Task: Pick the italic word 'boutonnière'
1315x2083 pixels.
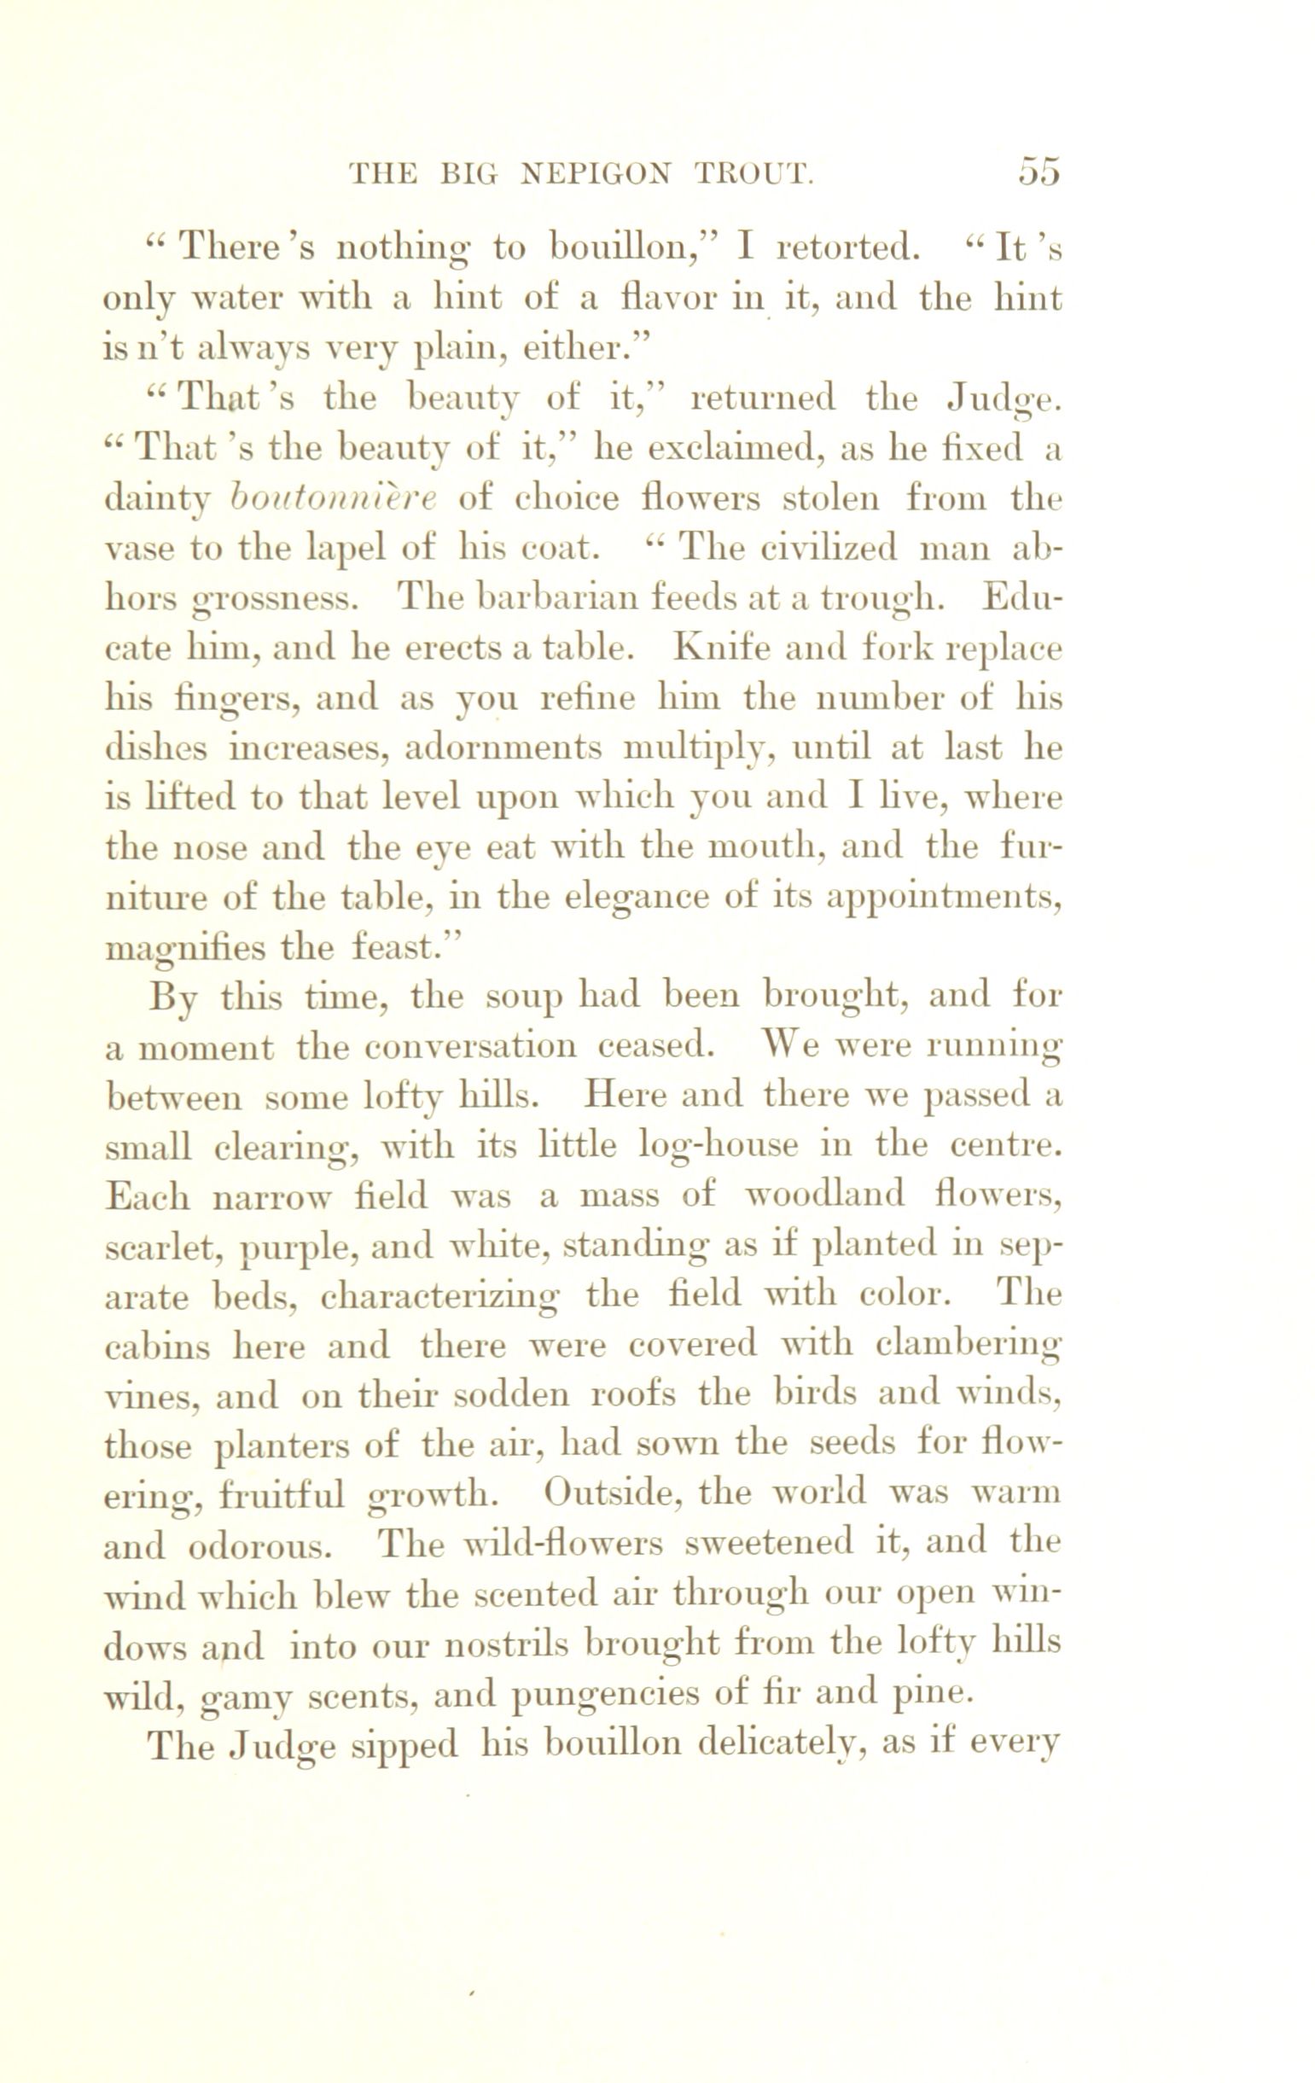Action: (x=335, y=498)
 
